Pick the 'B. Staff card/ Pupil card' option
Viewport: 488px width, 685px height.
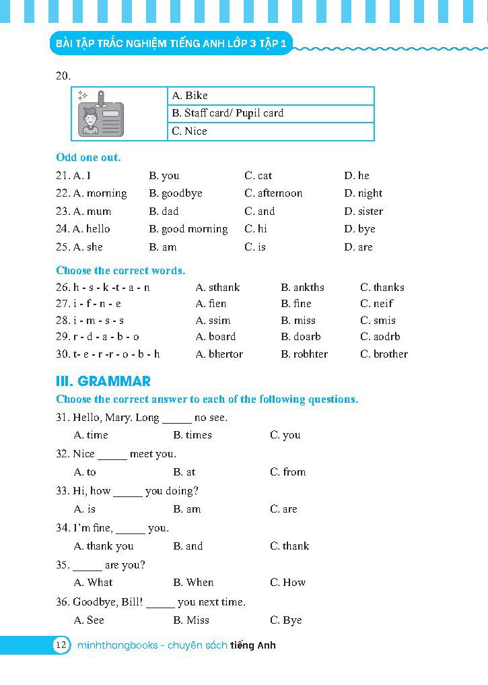[228, 113]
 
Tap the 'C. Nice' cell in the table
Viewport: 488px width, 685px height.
[189, 131]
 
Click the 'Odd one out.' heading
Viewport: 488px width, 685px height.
[88, 158]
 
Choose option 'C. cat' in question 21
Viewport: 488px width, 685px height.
[258, 176]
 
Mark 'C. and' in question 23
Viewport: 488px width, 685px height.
[259, 211]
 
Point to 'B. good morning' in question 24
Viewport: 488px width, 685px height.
[188, 229]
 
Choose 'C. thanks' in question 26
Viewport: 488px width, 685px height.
[382, 288]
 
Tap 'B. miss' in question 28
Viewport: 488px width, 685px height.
[298, 321]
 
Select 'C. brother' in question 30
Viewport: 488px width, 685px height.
[384, 354]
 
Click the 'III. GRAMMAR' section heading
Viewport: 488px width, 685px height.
[103, 381]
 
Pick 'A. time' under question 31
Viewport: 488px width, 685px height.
[91, 435]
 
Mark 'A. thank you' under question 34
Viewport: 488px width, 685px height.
[104, 546]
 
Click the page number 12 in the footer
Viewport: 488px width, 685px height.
[61, 645]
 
